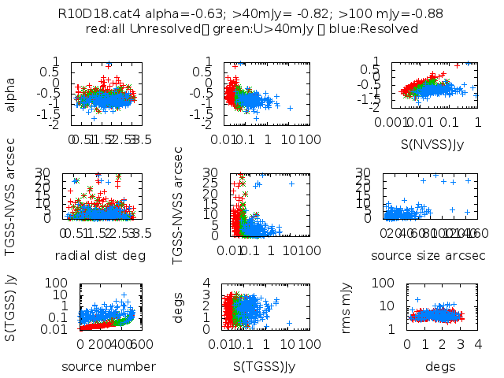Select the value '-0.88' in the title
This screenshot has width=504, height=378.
(x=426, y=13)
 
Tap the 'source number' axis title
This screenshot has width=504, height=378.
(x=98, y=366)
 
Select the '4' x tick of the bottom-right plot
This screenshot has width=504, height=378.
(x=479, y=344)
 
